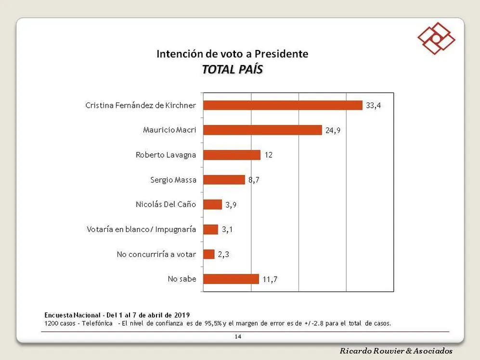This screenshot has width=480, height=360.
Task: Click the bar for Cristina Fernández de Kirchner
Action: point(283,105)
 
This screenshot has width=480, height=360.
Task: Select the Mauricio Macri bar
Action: point(263,130)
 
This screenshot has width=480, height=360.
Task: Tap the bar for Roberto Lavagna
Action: point(232,155)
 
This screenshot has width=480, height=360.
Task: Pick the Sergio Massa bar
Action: point(224,180)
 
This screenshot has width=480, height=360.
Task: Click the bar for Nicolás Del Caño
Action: point(213,205)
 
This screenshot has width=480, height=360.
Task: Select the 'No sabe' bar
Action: point(231,279)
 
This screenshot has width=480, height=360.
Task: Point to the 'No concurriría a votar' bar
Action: point(209,254)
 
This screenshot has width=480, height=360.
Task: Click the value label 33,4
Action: point(373,105)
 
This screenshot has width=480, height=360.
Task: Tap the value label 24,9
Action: point(333,130)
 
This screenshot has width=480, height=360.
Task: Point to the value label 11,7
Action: point(270,279)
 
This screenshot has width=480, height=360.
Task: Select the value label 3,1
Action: point(227,229)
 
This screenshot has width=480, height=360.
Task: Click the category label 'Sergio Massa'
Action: point(173,180)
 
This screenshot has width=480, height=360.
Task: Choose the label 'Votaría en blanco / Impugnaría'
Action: point(142,229)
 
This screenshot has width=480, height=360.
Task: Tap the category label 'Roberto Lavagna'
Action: point(166,155)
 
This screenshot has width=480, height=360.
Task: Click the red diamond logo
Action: point(436,39)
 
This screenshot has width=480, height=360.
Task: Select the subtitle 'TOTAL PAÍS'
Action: point(233,69)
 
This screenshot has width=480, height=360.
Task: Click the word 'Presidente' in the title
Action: point(281,54)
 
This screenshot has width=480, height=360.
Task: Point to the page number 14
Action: point(238,337)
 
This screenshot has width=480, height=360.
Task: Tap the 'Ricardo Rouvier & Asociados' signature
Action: point(396,351)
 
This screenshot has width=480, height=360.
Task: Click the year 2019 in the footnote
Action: point(182,315)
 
